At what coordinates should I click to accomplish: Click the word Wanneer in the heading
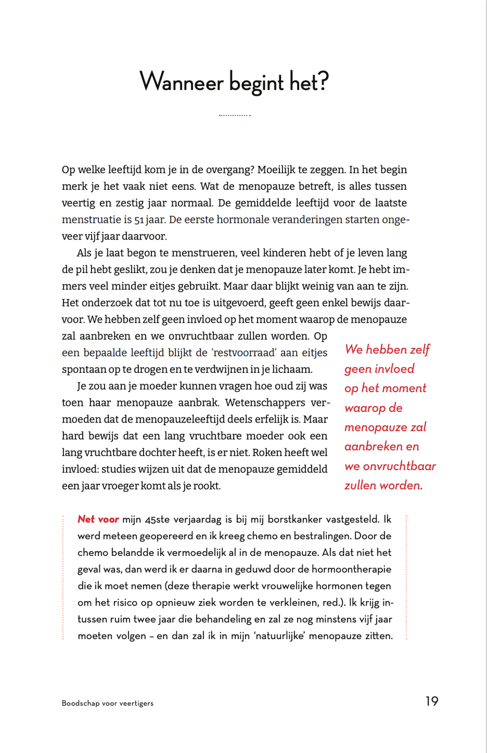pos(181,81)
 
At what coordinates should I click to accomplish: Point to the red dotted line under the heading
pos(235,115)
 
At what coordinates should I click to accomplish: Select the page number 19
pos(431,701)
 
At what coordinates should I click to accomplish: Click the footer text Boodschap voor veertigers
pos(108,703)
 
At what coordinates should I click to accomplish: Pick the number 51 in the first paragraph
pos(139,220)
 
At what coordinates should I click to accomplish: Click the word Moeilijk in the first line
pos(276,170)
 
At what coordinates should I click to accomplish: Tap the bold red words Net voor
pos(98,519)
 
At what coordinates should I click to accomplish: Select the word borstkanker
pos(295,519)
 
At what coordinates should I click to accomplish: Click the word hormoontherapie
pos(351,569)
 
